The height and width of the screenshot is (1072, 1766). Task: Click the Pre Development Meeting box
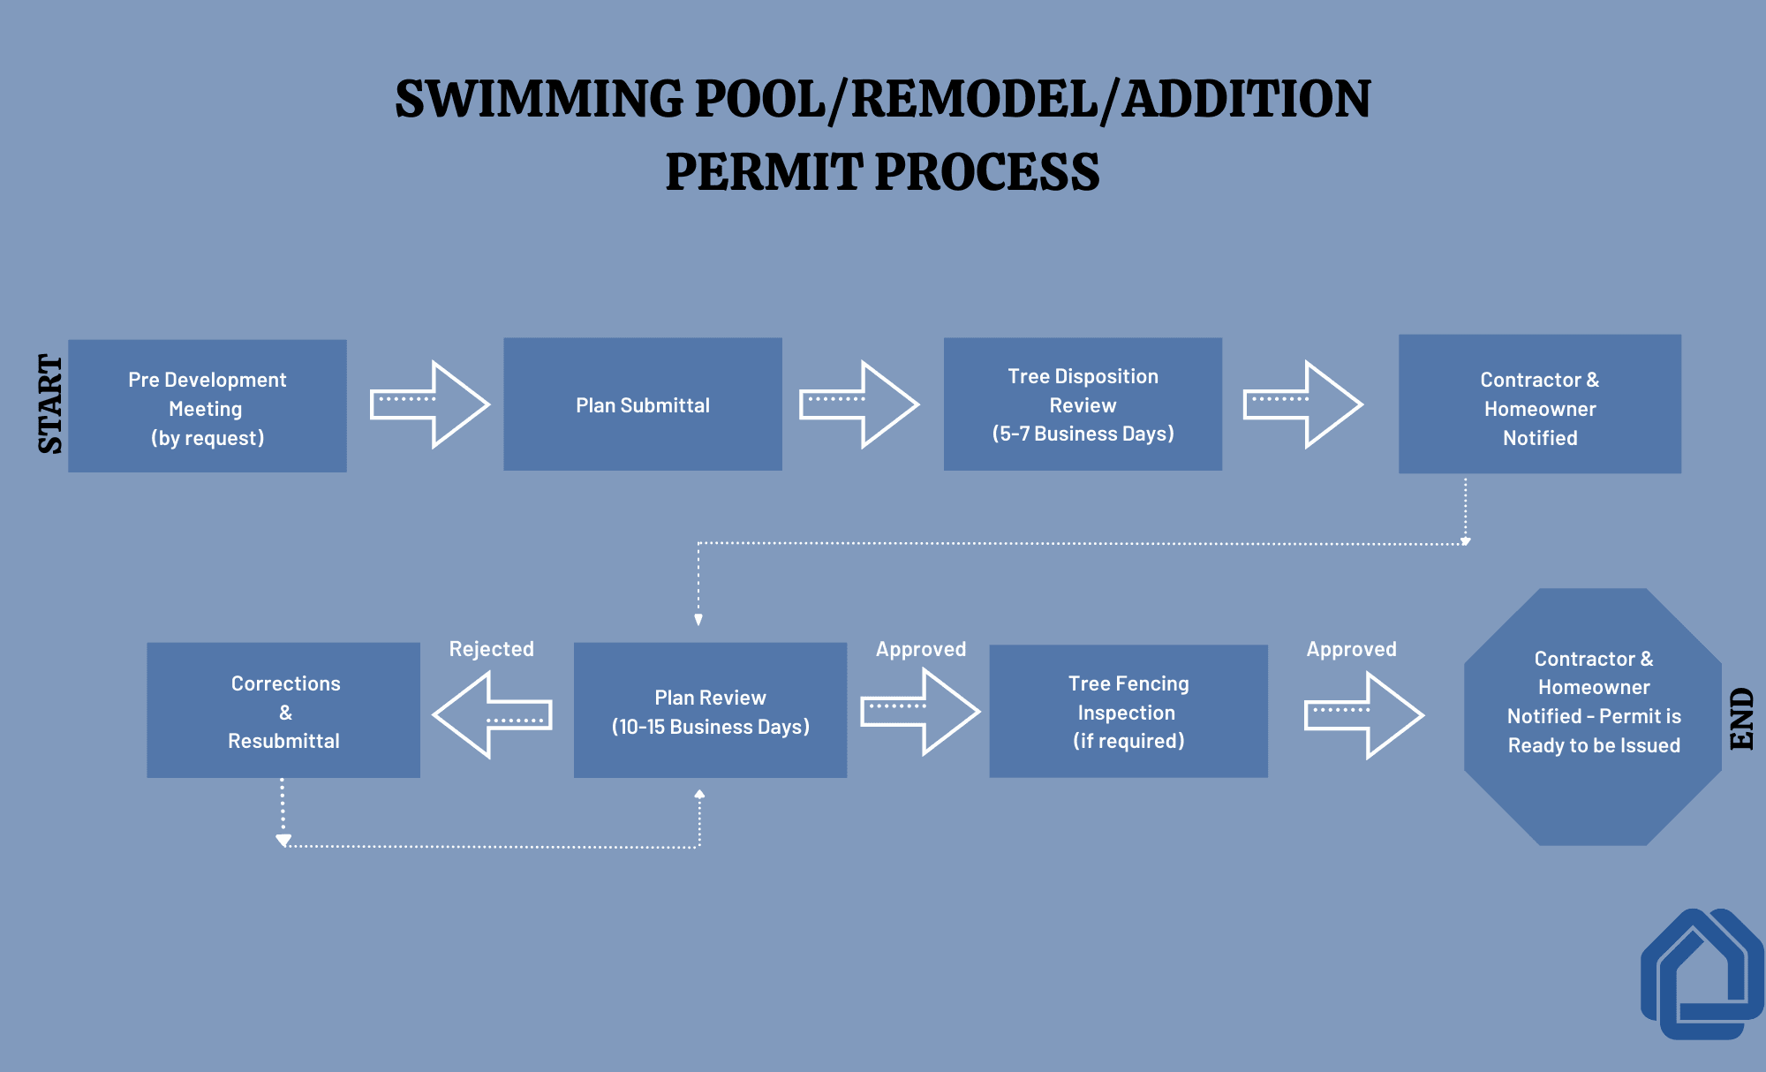(x=208, y=406)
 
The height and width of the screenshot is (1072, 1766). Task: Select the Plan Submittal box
(x=643, y=404)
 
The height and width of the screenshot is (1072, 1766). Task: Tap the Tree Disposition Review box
(x=1083, y=404)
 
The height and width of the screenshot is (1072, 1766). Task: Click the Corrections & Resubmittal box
(x=283, y=711)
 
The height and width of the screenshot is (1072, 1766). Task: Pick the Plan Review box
(x=710, y=711)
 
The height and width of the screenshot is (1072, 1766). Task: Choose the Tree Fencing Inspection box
(x=1128, y=712)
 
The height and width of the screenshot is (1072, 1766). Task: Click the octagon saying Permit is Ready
(x=1593, y=717)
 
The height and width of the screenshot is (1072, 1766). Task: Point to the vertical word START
(x=50, y=404)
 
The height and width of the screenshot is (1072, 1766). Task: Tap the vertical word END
(x=1741, y=718)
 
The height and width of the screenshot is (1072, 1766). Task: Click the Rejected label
(x=491, y=649)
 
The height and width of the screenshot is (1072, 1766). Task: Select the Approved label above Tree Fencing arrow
(x=920, y=649)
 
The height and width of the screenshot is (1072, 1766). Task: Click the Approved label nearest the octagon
(x=1351, y=649)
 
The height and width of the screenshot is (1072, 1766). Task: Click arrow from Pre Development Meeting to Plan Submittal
(x=429, y=404)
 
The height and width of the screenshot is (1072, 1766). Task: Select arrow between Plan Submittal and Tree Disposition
(x=858, y=404)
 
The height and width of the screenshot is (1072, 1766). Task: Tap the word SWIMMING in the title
(x=540, y=99)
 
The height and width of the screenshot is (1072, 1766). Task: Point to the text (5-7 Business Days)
(x=1083, y=434)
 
